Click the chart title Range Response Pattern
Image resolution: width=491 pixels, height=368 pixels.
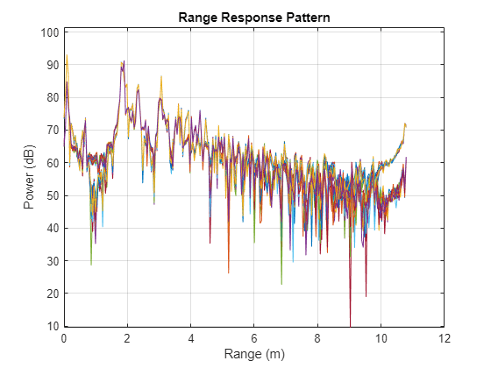pos(253,17)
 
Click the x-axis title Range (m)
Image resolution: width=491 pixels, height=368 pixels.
pos(253,354)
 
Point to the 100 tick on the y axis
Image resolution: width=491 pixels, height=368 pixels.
pos(49,32)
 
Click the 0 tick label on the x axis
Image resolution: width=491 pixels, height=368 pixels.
pos(64,337)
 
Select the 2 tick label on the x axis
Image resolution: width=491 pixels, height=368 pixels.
pos(127,337)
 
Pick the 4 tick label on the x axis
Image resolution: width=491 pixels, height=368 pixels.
pos(190,337)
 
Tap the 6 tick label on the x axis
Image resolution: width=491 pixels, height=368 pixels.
pos(254,337)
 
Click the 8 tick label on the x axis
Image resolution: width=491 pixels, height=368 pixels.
pos(317,337)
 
